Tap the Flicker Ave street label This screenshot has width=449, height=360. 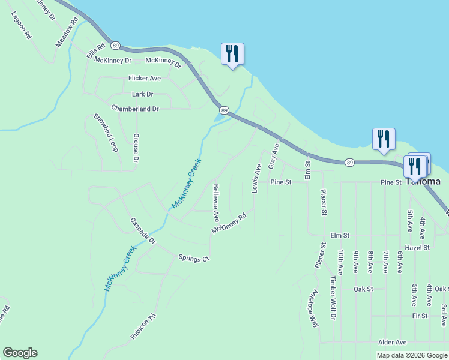[144, 79]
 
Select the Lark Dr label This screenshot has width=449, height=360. [142, 94]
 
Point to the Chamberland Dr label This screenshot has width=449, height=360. [134, 109]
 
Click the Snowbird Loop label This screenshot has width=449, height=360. [104, 133]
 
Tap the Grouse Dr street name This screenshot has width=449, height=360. [136, 148]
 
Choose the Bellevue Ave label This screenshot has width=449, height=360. [216, 202]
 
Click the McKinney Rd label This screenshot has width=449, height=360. [229, 223]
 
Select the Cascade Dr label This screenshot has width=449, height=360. [143, 231]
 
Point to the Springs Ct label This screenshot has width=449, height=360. [193, 258]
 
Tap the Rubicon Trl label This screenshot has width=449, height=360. [144, 327]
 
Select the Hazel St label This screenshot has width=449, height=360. [417, 247]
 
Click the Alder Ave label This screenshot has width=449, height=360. [392, 342]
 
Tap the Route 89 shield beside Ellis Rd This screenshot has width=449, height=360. [116, 46]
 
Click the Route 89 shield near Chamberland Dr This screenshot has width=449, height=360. [224, 110]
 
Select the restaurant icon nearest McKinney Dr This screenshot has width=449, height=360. [232, 54]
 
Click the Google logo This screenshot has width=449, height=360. [20, 353]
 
